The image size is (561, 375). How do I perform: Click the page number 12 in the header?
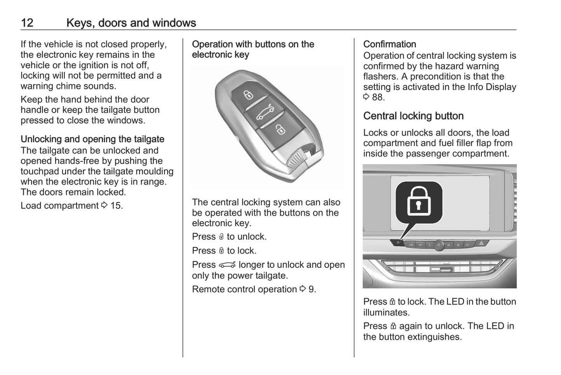click(x=27, y=23)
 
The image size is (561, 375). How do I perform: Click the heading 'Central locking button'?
click(x=413, y=116)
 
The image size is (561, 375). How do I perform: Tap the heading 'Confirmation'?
click(x=389, y=44)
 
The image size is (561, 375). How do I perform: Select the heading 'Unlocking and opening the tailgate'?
click(x=92, y=139)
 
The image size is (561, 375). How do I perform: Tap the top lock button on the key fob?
click(x=248, y=95)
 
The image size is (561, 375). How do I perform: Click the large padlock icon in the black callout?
click(x=419, y=201)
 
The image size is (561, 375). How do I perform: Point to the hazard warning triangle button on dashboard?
click(x=481, y=243)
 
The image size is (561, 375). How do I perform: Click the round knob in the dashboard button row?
click(x=439, y=244)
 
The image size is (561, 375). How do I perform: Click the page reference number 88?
click(x=378, y=98)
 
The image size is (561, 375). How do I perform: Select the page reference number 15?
click(x=116, y=206)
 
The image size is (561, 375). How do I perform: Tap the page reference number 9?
click(x=311, y=290)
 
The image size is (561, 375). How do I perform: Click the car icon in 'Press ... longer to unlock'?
click(x=227, y=265)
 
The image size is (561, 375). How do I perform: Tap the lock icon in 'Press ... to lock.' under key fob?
click(x=221, y=251)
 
